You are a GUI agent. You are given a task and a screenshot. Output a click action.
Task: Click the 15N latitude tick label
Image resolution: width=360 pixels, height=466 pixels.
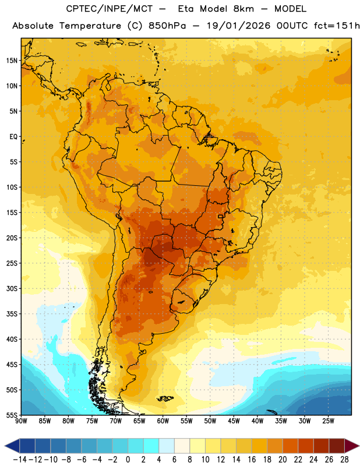[x=12, y=61]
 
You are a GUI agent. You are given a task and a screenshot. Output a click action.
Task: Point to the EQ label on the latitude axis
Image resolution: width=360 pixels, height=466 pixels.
[x=13, y=137]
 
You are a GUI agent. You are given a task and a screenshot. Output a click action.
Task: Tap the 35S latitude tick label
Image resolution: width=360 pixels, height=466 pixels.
[x=12, y=314]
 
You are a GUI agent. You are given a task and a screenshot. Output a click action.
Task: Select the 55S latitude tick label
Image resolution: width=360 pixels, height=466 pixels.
[x=12, y=415]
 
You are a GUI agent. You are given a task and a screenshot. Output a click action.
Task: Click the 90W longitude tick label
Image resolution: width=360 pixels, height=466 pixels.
[x=22, y=421]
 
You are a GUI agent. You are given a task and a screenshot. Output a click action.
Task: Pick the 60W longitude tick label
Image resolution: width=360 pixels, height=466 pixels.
[x=163, y=421]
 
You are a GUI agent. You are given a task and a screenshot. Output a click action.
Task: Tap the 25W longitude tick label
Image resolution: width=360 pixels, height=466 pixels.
[x=328, y=421]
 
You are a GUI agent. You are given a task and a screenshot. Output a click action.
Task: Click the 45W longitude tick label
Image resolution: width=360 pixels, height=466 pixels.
[x=234, y=421]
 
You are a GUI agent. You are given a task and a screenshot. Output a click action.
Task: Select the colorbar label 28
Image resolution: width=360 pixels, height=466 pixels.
[x=344, y=460]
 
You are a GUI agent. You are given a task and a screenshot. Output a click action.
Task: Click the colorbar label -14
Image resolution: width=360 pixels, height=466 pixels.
[x=20, y=460]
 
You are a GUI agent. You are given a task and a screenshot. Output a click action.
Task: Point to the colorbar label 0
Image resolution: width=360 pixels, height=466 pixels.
[x=128, y=460]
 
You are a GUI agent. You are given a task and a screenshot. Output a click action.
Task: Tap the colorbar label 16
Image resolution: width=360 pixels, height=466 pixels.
[x=252, y=460]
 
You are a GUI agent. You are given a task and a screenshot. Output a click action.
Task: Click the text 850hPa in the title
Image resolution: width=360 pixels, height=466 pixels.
[x=167, y=26]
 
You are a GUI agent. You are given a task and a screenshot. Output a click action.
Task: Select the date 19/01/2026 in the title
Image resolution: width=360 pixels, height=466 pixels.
[x=238, y=26]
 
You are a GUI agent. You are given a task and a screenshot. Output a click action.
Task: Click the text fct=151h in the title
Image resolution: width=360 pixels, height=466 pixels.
[x=337, y=26]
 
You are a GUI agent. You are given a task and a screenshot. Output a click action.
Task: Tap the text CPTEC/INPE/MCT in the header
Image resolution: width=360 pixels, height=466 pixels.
[x=110, y=9]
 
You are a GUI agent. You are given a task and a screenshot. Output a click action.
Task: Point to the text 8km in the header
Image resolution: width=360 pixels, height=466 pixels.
[x=243, y=9]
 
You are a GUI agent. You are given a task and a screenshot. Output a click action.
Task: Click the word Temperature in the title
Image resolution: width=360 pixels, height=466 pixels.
[x=90, y=26]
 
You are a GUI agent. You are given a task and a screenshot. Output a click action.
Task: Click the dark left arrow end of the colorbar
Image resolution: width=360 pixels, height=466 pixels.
[x=12, y=446]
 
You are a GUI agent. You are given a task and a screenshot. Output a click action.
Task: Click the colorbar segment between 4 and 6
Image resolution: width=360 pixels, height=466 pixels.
[x=167, y=446]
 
